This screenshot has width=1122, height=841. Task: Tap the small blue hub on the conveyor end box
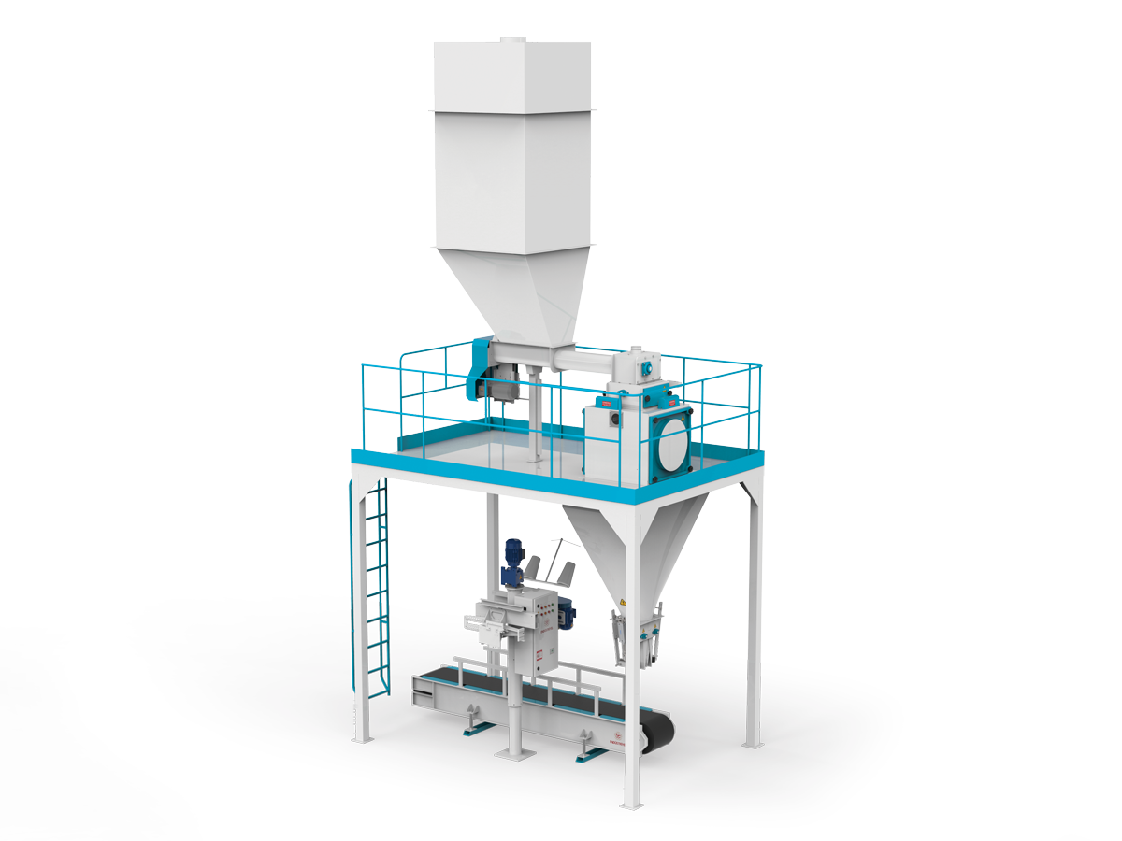tap(646, 369)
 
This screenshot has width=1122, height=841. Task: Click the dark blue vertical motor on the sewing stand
tap(512, 561)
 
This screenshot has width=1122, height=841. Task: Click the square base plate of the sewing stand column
tap(512, 752)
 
